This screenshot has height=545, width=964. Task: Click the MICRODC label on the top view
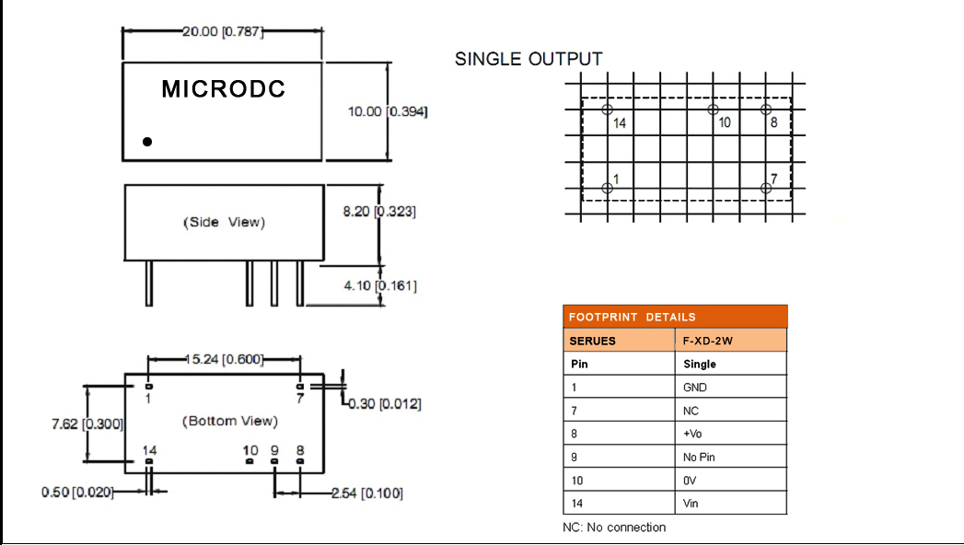coord(223,89)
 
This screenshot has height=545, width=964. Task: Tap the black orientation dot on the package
coord(147,142)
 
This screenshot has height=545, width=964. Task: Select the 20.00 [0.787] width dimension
coord(223,31)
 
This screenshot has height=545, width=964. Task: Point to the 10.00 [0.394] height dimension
coord(387,111)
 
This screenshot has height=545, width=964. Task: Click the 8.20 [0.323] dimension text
coord(379,212)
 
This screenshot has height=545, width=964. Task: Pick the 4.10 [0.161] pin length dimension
coord(380,285)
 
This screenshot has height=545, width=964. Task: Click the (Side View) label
coord(224,222)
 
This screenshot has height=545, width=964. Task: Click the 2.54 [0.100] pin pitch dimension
coord(366,493)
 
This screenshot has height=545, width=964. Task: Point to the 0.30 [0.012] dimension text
coord(386,403)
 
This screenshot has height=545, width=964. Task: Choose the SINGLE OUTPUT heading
coord(528,59)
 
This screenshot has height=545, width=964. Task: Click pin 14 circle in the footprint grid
coord(607,110)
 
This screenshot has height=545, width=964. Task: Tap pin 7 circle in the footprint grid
coord(766,188)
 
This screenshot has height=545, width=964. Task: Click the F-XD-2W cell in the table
coord(708,341)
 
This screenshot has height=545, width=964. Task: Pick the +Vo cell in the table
coord(692,435)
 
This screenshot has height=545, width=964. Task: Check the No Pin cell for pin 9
coord(699,458)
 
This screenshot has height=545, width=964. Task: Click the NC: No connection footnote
coord(614,528)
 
